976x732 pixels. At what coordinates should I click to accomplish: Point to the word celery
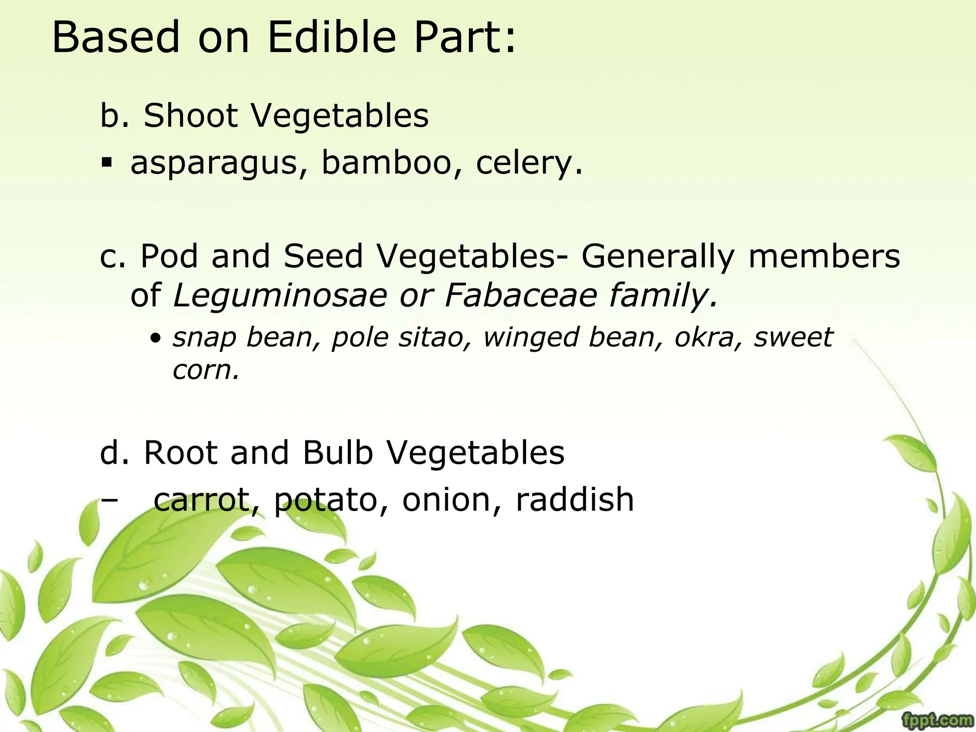[528, 163]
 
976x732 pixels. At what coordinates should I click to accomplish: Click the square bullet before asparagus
[107, 163]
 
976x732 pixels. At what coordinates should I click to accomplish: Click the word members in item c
[824, 256]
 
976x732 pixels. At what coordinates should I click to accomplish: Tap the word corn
[205, 370]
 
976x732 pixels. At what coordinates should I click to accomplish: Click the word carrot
[207, 500]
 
